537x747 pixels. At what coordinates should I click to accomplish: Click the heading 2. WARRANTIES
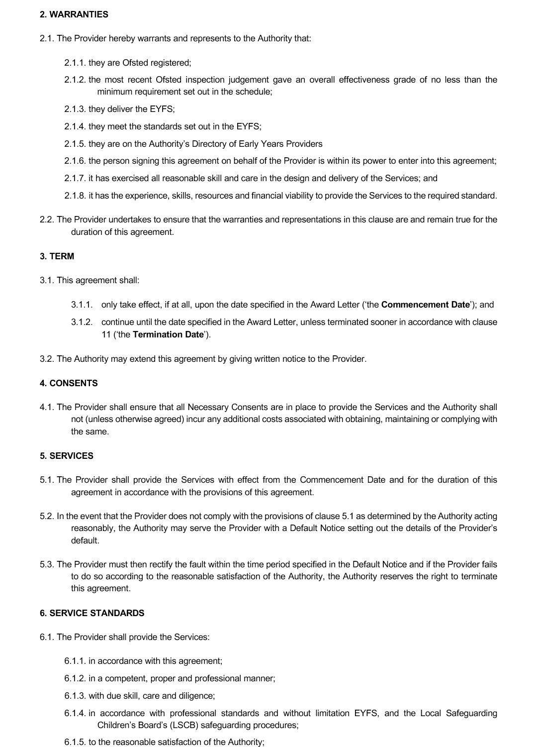74,14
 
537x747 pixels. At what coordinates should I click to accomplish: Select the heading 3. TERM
57,256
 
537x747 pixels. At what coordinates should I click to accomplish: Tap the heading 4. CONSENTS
69,383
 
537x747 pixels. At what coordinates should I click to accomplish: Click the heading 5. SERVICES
66,456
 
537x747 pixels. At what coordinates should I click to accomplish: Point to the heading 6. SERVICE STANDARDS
92,613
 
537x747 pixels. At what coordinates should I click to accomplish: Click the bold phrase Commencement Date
425,305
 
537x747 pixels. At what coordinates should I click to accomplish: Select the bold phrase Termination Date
168,334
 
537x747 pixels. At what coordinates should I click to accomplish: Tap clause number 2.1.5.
75,144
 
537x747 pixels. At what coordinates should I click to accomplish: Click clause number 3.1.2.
82,322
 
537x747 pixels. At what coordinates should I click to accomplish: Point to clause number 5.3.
47,564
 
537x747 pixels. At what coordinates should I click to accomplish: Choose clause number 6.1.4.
75,713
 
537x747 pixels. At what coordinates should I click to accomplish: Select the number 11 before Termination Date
106,334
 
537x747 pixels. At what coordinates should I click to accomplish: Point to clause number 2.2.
47,219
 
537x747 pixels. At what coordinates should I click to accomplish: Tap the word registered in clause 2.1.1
171,63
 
